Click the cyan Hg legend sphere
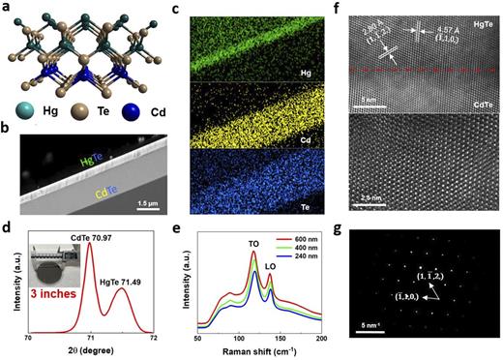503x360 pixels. (18, 108)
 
